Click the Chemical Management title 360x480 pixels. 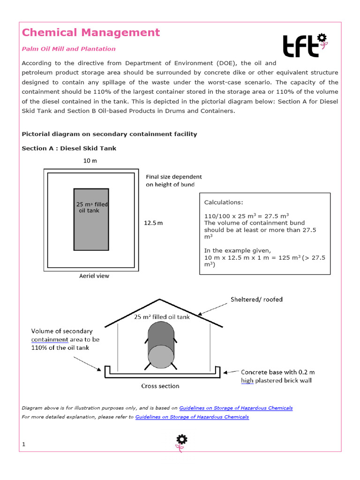click(91, 32)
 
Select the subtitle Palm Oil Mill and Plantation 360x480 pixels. click(68, 49)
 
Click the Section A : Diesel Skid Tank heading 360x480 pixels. click(69, 148)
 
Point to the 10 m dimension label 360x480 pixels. click(90, 161)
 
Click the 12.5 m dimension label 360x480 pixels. click(153, 223)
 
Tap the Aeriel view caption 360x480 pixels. click(94, 276)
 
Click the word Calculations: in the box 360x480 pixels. click(224, 202)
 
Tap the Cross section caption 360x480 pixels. click(160, 386)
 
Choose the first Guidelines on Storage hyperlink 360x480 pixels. click(236, 408)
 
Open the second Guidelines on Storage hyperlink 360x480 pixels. click(192, 417)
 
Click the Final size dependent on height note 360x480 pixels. click(173, 180)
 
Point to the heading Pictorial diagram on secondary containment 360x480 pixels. click(110, 134)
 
